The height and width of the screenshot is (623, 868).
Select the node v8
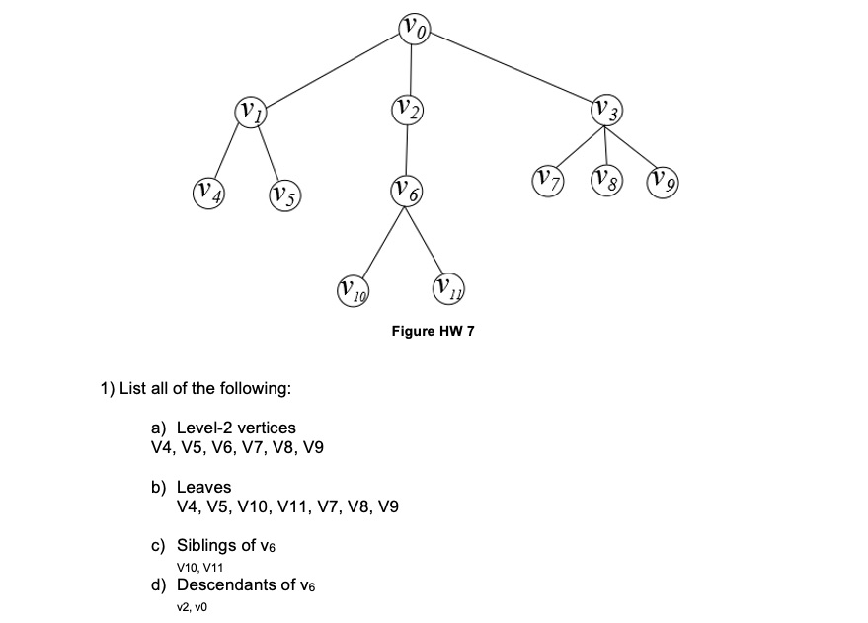tap(607, 181)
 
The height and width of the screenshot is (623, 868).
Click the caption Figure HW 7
tap(433, 332)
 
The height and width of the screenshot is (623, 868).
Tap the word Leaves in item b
tap(203, 487)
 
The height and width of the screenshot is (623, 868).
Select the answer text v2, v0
tap(191, 606)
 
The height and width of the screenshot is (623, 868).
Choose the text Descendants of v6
tap(245, 584)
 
